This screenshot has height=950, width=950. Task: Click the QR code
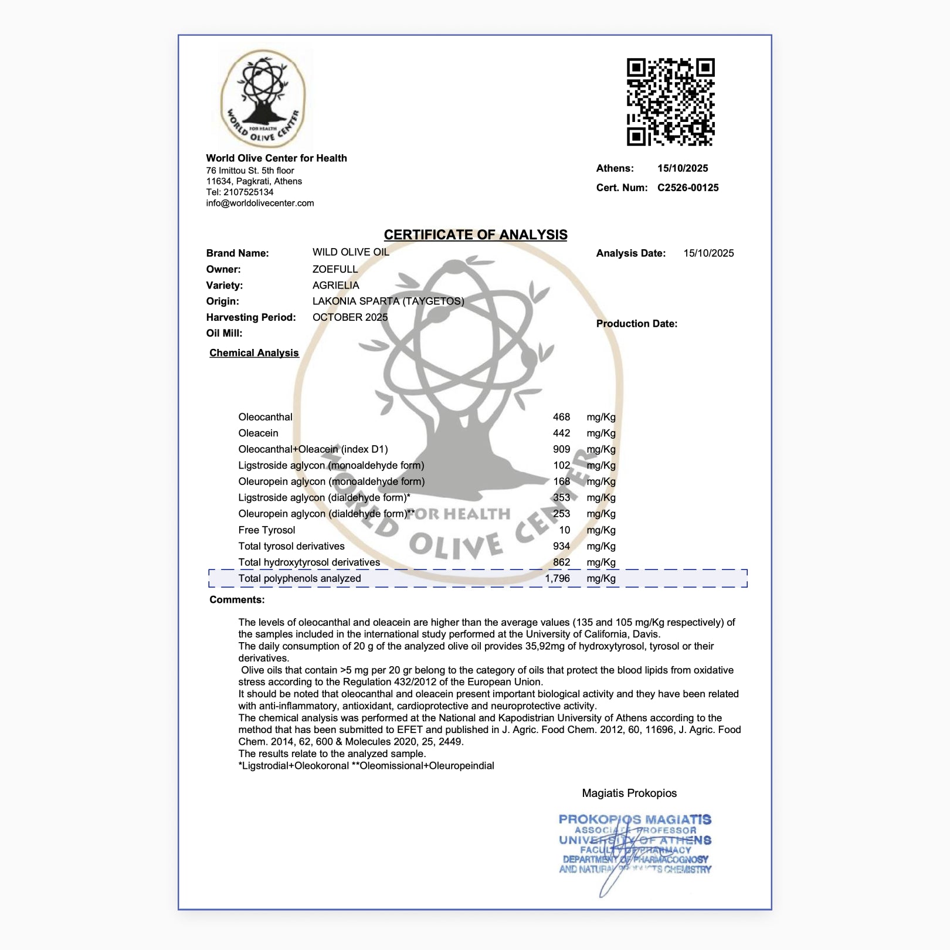[670, 101]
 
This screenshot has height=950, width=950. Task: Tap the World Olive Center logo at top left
[263, 99]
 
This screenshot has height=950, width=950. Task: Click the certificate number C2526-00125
[688, 188]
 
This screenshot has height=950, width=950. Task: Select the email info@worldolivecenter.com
[260, 203]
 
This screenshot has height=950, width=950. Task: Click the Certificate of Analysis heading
[476, 235]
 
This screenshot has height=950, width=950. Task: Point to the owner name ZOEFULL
[335, 269]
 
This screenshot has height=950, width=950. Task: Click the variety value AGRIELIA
[335, 285]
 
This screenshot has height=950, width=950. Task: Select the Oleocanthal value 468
[561, 417]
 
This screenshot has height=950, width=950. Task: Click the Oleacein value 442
[561, 433]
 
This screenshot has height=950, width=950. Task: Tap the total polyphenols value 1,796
[557, 578]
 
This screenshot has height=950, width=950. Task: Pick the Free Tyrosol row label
[267, 530]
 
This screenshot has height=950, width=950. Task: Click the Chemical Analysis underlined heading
[254, 352]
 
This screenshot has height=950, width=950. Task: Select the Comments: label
[237, 599]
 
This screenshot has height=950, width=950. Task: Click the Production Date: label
[636, 324]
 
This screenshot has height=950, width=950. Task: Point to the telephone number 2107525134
[248, 192]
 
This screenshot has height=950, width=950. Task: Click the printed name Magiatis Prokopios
[629, 793]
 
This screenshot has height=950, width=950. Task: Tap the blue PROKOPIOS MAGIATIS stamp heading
[635, 819]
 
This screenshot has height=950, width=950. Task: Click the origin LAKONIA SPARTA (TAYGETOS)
[388, 301]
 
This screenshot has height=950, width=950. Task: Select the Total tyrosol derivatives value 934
[561, 546]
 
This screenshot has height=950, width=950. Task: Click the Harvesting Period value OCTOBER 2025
[350, 317]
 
